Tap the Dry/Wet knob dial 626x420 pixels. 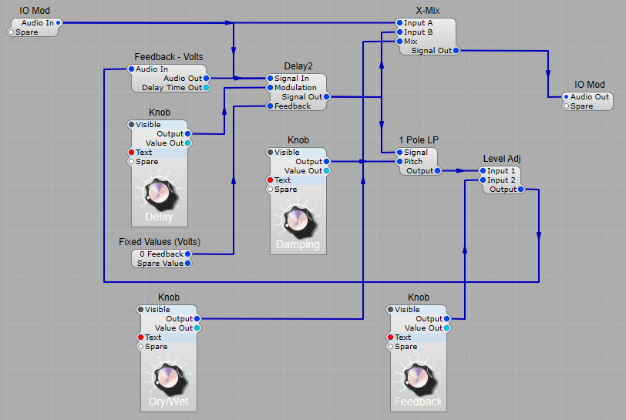pyautogui.click(x=168, y=378)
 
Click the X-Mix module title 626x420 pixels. pyautogui.click(x=428, y=11)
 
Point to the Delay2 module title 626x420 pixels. pyautogui.click(x=298, y=66)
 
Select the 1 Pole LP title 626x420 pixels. pyautogui.click(x=418, y=140)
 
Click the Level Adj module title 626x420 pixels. pyautogui.click(x=502, y=159)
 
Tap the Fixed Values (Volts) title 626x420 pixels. pyautogui.click(x=160, y=242)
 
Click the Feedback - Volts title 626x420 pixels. pyautogui.click(x=169, y=57)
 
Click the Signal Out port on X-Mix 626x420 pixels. pyautogui.click(x=456, y=51)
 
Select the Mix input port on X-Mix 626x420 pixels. pyautogui.click(x=399, y=42)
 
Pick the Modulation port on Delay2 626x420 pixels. pyautogui.click(x=270, y=88)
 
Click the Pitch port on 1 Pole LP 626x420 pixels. pyautogui.click(x=399, y=162)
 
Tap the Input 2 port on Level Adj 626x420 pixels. pyautogui.click(x=483, y=180)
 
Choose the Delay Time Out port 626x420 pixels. pyautogui.click(x=206, y=88)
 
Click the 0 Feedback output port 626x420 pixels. pyautogui.click(x=187, y=254)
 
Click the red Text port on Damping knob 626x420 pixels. pyautogui.click(x=270, y=180)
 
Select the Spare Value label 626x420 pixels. pyautogui.click(x=160, y=264)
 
